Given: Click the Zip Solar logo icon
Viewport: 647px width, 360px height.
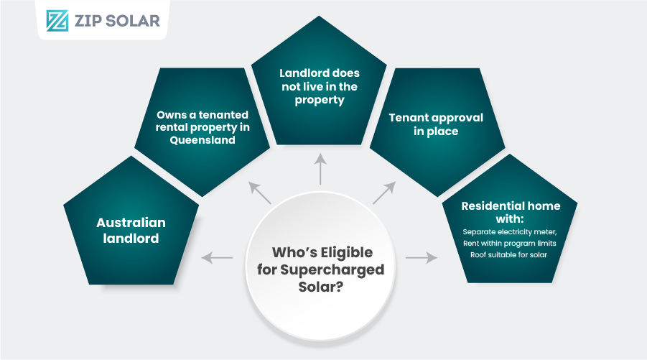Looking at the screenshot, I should coord(57,20).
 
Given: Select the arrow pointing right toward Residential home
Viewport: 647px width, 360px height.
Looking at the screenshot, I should coord(422,257).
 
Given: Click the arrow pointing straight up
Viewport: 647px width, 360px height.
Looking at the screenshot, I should coord(320,170).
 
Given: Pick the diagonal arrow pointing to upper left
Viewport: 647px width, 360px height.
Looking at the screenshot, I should coord(260,193).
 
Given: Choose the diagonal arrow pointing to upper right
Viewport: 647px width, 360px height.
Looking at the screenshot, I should coord(384,193).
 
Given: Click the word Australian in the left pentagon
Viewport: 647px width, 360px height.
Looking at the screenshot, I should coord(131,223).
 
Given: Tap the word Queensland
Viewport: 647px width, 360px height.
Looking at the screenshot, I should coord(203,140).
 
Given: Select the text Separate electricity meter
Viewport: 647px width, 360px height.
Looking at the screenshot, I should coord(509,232).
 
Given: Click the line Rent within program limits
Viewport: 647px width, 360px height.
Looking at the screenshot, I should coord(509,244).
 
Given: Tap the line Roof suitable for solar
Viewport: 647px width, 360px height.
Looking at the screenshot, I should coord(509,255).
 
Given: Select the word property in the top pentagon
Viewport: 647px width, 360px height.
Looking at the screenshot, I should coord(320,100).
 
